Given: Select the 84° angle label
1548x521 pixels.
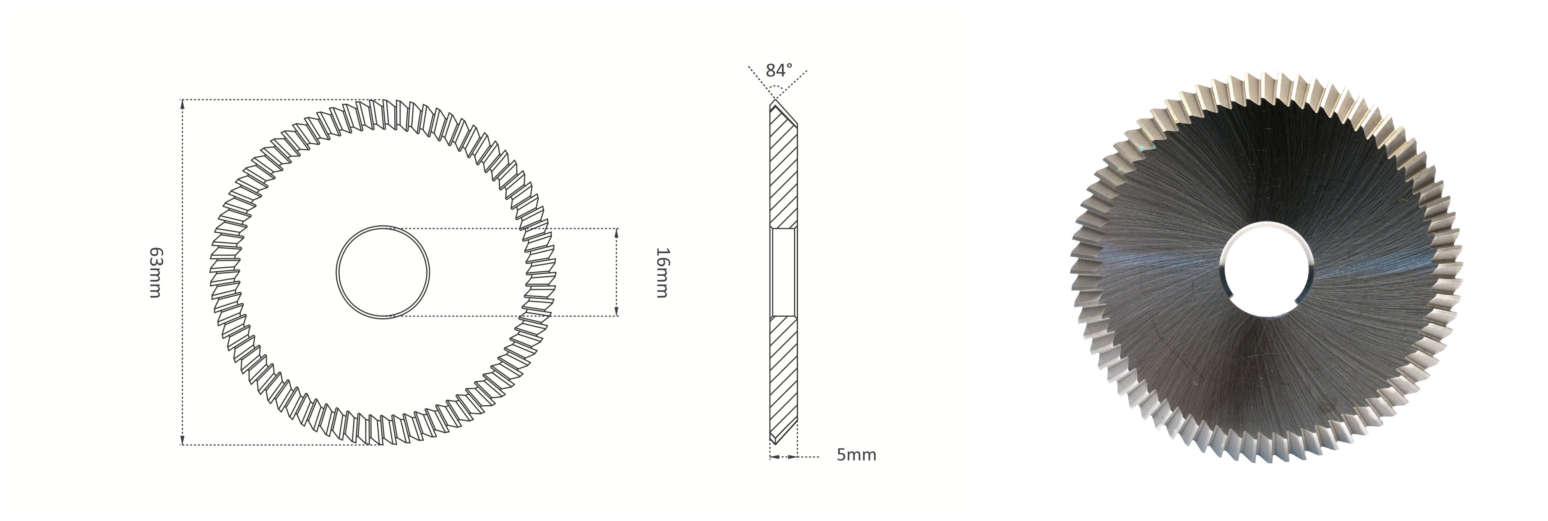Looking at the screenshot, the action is pyautogui.click(x=779, y=71).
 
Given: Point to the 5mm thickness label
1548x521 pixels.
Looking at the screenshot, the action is pyautogui.click(x=856, y=455).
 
